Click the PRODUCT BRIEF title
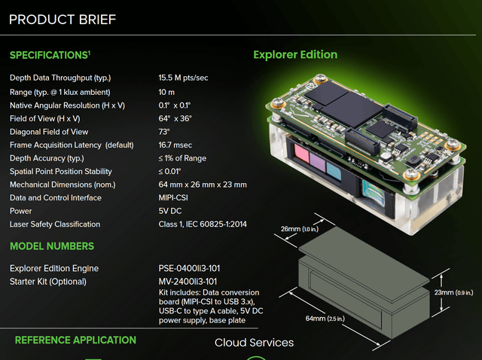(63, 19)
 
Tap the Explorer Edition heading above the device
(295, 54)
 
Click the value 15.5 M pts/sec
(185, 78)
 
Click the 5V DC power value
(171, 211)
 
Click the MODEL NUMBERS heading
(52, 246)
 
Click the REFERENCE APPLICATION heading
(75, 340)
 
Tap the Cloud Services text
(254, 343)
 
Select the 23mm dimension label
(444, 291)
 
